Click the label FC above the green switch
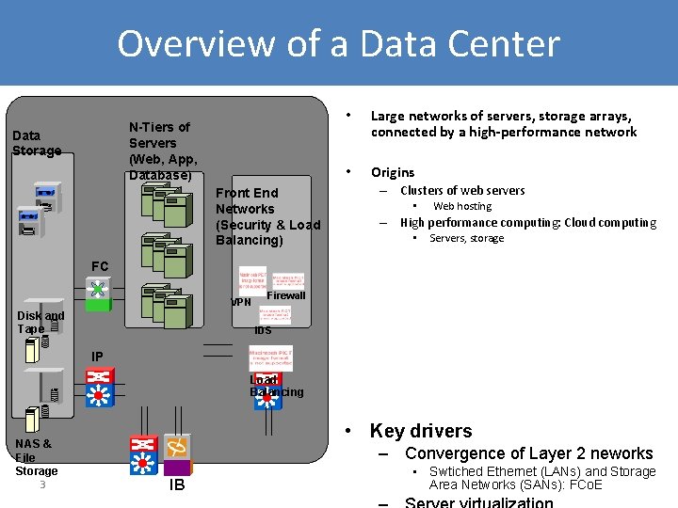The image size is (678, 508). [x=100, y=266]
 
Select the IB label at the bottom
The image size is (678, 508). [x=177, y=485]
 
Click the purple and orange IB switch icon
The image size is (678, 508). [x=177, y=455]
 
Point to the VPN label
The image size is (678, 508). [x=241, y=303]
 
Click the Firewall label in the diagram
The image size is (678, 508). [x=286, y=295]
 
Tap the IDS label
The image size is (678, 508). [x=263, y=331]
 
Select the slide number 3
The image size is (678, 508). [x=43, y=485]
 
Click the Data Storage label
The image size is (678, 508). [x=37, y=143]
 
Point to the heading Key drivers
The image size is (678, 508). [x=421, y=431]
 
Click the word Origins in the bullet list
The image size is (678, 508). [x=393, y=172]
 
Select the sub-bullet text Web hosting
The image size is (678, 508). [x=461, y=206]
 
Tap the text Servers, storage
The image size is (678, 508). [x=466, y=238]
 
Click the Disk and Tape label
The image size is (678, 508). [x=40, y=323]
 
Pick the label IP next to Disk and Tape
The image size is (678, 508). [x=97, y=357]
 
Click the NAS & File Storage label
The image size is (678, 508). [x=36, y=456]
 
